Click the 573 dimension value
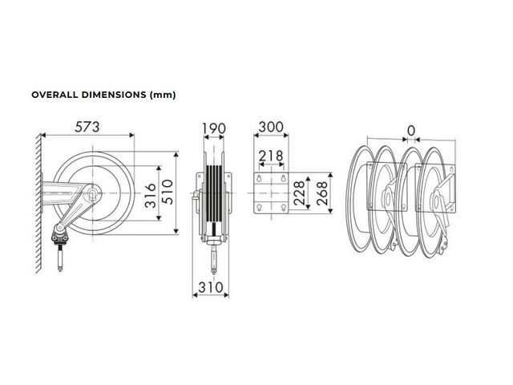[x=87, y=127]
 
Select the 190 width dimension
[x=214, y=128]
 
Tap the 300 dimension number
[x=271, y=127]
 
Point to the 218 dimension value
[x=271, y=156]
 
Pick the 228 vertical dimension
[x=299, y=193]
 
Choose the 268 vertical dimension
[x=322, y=193]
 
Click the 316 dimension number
[x=151, y=196]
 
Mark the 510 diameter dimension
[x=168, y=192]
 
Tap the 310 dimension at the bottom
[x=211, y=287]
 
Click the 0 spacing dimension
[x=411, y=131]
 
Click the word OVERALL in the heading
[x=55, y=95]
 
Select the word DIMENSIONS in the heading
[x=114, y=95]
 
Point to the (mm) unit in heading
[x=163, y=95]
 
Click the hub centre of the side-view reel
[x=93, y=193]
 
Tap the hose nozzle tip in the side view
[x=60, y=269]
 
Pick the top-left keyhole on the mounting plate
[x=259, y=178]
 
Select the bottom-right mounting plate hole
[x=284, y=207]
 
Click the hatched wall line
[x=38, y=204]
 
